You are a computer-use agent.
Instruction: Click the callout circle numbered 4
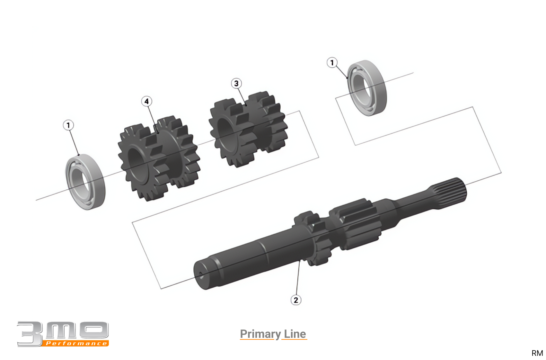(146, 101)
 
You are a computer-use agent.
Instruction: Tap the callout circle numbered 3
(236, 84)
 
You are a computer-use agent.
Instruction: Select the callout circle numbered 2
(296, 300)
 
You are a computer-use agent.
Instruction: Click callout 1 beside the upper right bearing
(332, 63)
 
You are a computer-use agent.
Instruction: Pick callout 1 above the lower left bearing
(68, 125)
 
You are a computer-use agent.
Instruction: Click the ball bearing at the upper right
(366, 88)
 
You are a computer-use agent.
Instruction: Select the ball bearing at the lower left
(85, 182)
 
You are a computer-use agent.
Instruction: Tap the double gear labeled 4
(159, 158)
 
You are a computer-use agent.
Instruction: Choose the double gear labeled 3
(248, 129)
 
